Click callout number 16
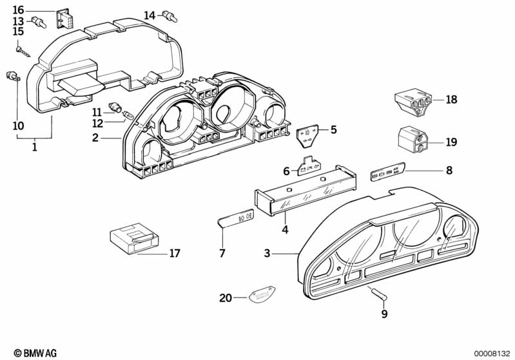(18, 10)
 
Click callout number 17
(175, 253)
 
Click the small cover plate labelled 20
(260, 296)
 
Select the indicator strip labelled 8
(387, 174)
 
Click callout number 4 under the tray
(284, 229)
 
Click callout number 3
(267, 254)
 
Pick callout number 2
(95, 137)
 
